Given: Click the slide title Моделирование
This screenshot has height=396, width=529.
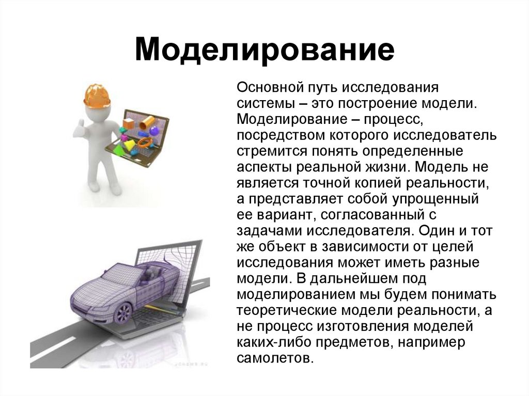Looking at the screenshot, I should (x=264, y=50).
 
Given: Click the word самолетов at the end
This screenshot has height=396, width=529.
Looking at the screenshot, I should (x=275, y=358).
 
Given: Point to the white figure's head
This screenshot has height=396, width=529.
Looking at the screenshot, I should (x=98, y=111).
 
